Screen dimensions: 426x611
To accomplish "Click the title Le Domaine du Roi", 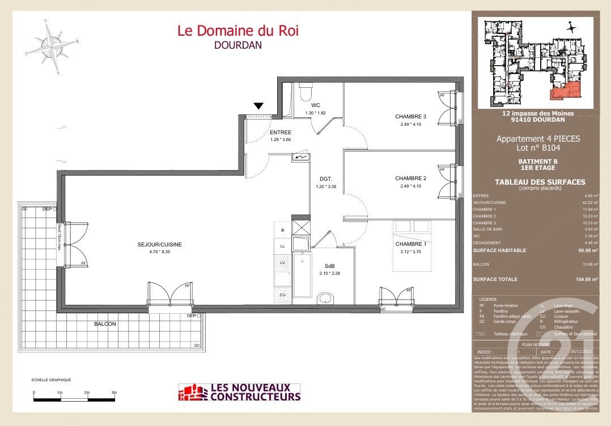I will pos(238,31).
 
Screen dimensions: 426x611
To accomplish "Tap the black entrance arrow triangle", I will pos(258,105).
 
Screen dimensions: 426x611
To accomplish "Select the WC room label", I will pos(316,106).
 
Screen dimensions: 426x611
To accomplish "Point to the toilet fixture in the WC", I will pos(306,91).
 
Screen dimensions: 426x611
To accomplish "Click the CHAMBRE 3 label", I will pos(410,117).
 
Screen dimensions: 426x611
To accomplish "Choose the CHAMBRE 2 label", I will pos(410,178).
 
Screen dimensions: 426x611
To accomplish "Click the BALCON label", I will pos(105,324).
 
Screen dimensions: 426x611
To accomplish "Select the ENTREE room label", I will pos(280,133).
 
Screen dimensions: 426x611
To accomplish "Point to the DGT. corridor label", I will pos(326,178).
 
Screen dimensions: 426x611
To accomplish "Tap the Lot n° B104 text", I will pos(537,148).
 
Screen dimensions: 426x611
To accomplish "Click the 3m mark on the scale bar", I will pos(113,392).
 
